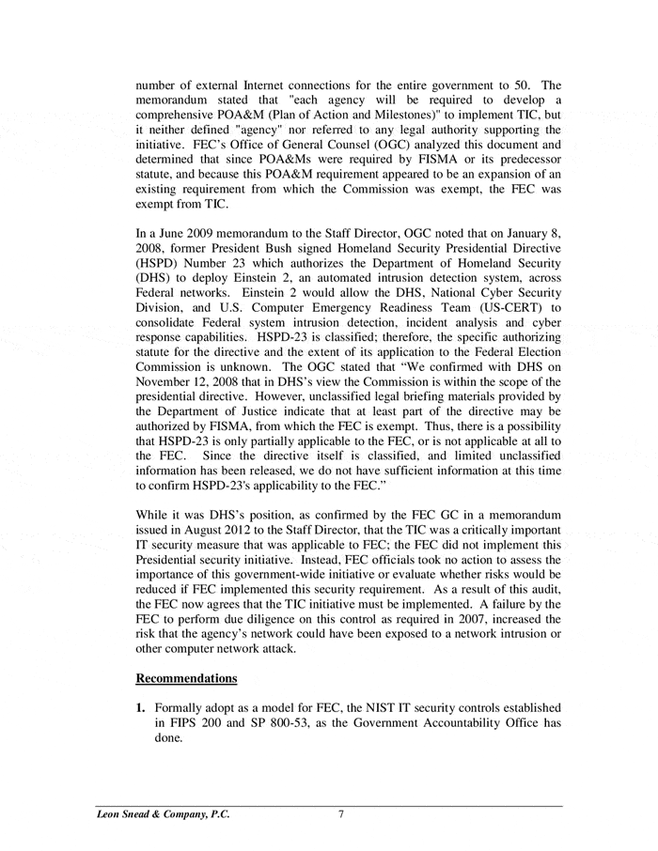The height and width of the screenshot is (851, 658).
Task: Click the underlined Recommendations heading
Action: (x=187, y=678)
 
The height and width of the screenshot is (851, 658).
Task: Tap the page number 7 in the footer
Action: (x=341, y=815)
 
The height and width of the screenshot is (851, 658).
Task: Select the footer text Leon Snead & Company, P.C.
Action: (x=163, y=815)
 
